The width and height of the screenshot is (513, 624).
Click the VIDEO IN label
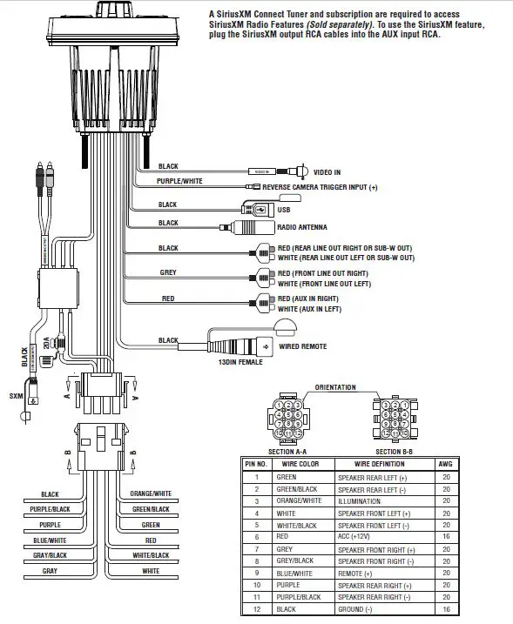(327, 172)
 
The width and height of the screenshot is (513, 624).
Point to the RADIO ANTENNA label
(302, 227)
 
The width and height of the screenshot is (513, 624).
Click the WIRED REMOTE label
(302, 346)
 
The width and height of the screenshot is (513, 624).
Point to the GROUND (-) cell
(355, 610)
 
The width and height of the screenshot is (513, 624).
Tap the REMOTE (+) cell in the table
(355, 574)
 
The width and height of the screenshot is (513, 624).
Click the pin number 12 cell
(256, 610)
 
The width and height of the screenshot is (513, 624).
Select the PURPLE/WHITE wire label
(179, 181)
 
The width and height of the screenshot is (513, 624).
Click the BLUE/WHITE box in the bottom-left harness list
(50, 540)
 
